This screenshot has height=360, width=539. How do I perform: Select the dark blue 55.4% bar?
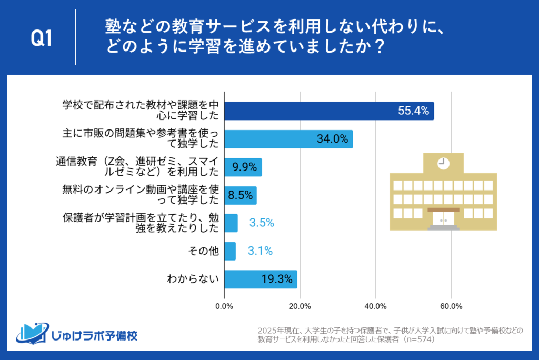[x=329, y=111]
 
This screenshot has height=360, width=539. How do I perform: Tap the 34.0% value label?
[x=332, y=139]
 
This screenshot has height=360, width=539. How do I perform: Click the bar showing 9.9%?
[x=243, y=167]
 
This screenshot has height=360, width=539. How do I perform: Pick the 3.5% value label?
[x=262, y=223]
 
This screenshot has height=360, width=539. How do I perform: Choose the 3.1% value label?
[x=260, y=252]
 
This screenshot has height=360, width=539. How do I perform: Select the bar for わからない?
[x=261, y=279]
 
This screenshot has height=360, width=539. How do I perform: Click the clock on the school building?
[x=443, y=163]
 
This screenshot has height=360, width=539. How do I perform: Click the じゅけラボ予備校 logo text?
[x=95, y=335]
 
